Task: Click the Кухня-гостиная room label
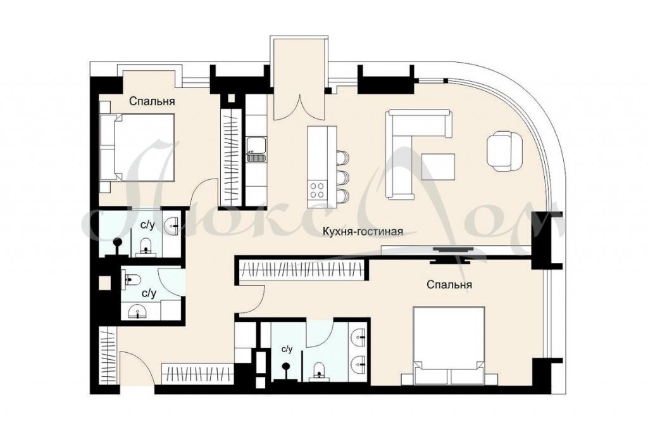pyautogui.click(x=363, y=231)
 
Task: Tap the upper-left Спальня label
pyautogui.click(x=152, y=101)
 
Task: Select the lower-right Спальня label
pyautogui.click(x=449, y=284)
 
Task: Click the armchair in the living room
pyautogui.click(x=504, y=151)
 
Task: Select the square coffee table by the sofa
pyautogui.click(x=438, y=167)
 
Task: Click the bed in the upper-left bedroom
pyautogui.click(x=137, y=148)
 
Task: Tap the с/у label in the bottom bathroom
pyautogui.click(x=287, y=349)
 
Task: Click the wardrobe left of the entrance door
pyautogui.click(x=108, y=356)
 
